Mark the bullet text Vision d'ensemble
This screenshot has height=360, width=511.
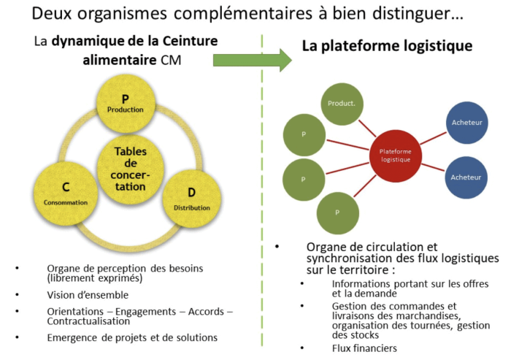click(x=87, y=294)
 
